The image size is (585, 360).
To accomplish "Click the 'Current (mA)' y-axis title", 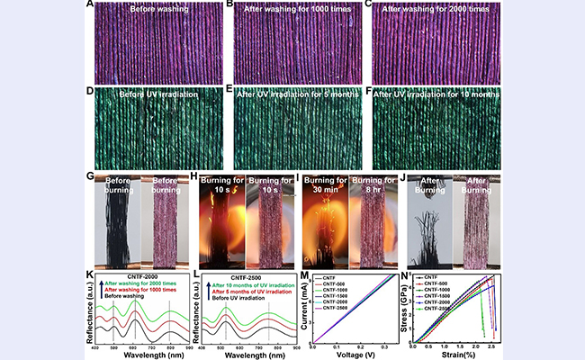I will click(307, 308).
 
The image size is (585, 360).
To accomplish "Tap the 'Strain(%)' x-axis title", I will click(454, 355).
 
